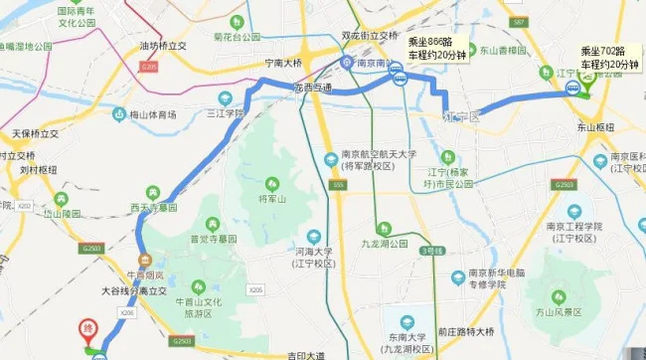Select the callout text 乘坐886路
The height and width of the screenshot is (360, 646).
point(431,43)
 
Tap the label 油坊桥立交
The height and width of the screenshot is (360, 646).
point(163,46)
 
